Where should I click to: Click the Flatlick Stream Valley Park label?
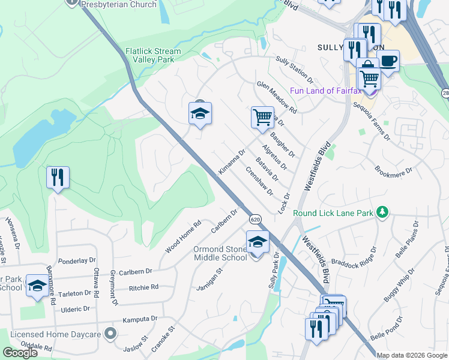(153, 56)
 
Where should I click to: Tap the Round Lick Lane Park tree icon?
(381, 212)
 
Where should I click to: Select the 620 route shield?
(255, 219)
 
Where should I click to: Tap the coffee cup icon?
(388, 61)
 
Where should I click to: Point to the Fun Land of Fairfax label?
(328, 91)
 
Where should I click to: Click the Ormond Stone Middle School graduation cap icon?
(258, 242)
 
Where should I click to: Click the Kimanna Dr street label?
(232, 162)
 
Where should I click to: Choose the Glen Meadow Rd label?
(277, 98)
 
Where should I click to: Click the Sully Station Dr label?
(295, 70)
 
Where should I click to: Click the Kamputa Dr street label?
(142, 319)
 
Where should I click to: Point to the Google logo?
(20, 352)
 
